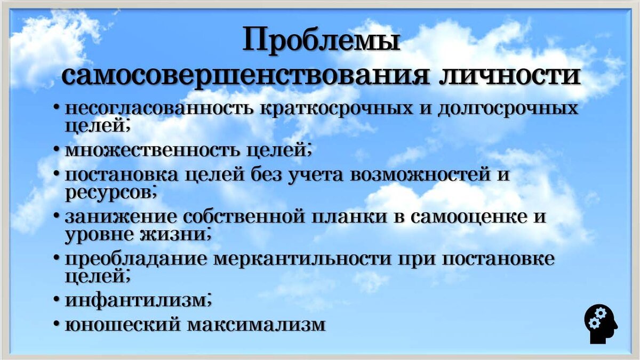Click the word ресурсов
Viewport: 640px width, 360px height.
point(109,193)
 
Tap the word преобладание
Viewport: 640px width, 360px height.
point(135,259)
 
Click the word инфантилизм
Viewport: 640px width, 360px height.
point(135,301)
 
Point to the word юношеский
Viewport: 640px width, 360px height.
point(117,325)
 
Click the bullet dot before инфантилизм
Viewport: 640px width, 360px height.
point(57,301)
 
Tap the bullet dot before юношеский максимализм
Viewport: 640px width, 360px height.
point(57,325)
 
